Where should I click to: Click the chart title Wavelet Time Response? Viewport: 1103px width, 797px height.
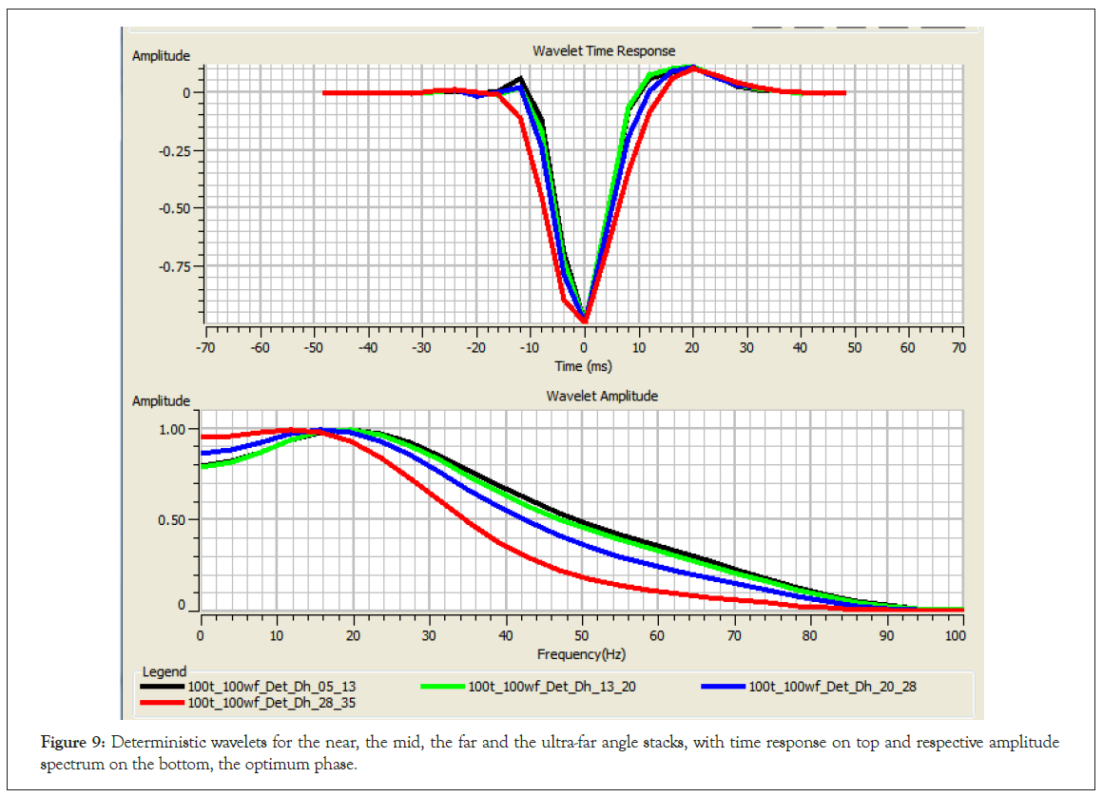[604, 50]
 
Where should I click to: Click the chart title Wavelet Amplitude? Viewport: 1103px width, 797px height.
[602, 396]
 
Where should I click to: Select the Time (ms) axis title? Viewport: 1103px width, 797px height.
[582, 365]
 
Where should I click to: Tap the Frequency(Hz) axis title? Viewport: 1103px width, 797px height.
[582, 653]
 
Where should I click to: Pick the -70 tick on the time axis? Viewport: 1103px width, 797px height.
[204, 348]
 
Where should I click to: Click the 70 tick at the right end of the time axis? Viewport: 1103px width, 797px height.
[958, 348]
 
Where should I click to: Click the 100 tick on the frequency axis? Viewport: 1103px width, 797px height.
[954, 634]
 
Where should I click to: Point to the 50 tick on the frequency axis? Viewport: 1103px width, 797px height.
[581, 634]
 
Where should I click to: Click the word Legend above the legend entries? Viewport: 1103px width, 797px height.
[164, 671]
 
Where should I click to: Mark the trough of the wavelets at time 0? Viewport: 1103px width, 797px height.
[585, 319]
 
